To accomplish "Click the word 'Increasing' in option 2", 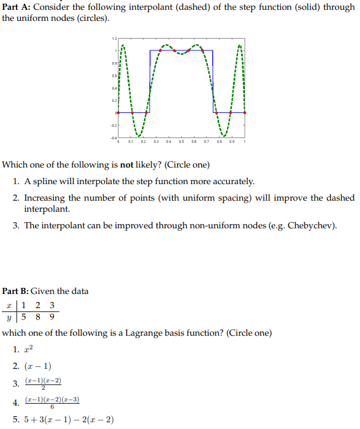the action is pyautogui.click(x=46, y=197).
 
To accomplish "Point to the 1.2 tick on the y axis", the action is pyautogui.click(x=114, y=39).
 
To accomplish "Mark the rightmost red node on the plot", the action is pyautogui.click(x=245, y=113).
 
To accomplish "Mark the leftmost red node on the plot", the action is pyautogui.click(x=118, y=113).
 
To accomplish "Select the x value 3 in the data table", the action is pyautogui.click(x=51, y=304).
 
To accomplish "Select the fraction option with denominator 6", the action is pyautogui.click(x=52, y=402).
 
